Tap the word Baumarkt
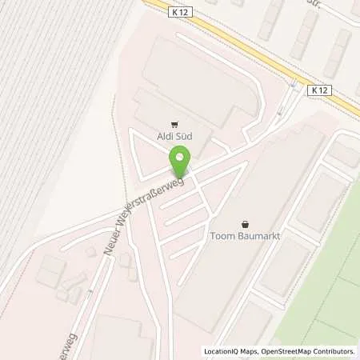[x=257, y=236]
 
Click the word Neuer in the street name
[x=112, y=245]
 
